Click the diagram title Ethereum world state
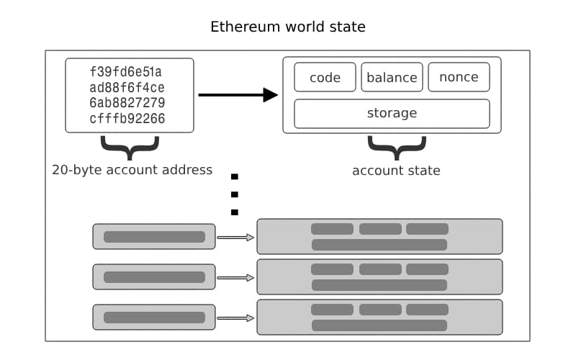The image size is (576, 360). click(x=288, y=27)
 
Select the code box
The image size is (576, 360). click(x=325, y=78)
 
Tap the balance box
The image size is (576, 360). click(x=392, y=78)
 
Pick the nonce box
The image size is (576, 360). click(x=459, y=78)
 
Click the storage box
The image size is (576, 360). click(x=392, y=113)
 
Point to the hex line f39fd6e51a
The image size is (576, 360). click(x=127, y=71)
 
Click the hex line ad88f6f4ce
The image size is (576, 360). click(x=127, y=87)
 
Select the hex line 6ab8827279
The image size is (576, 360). click(x=127, y=102)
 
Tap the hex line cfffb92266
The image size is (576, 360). click(x=127, y=118)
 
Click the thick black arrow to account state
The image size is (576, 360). click(x=238, y=94)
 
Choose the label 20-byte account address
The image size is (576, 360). click(x=132, y=170)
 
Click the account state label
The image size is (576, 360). click(x=396, y=171)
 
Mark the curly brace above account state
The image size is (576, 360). click(x=396, y=147)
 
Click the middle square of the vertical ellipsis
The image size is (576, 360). click(x=234, y=194)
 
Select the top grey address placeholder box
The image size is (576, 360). click(x=154, y=236)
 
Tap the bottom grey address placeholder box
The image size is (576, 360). click(x=154, y=318)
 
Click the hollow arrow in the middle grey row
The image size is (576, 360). click(x=235, y=277)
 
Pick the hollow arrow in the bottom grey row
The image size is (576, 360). click(x=235, y=318)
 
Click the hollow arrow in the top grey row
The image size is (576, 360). click(x=235, y=237)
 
